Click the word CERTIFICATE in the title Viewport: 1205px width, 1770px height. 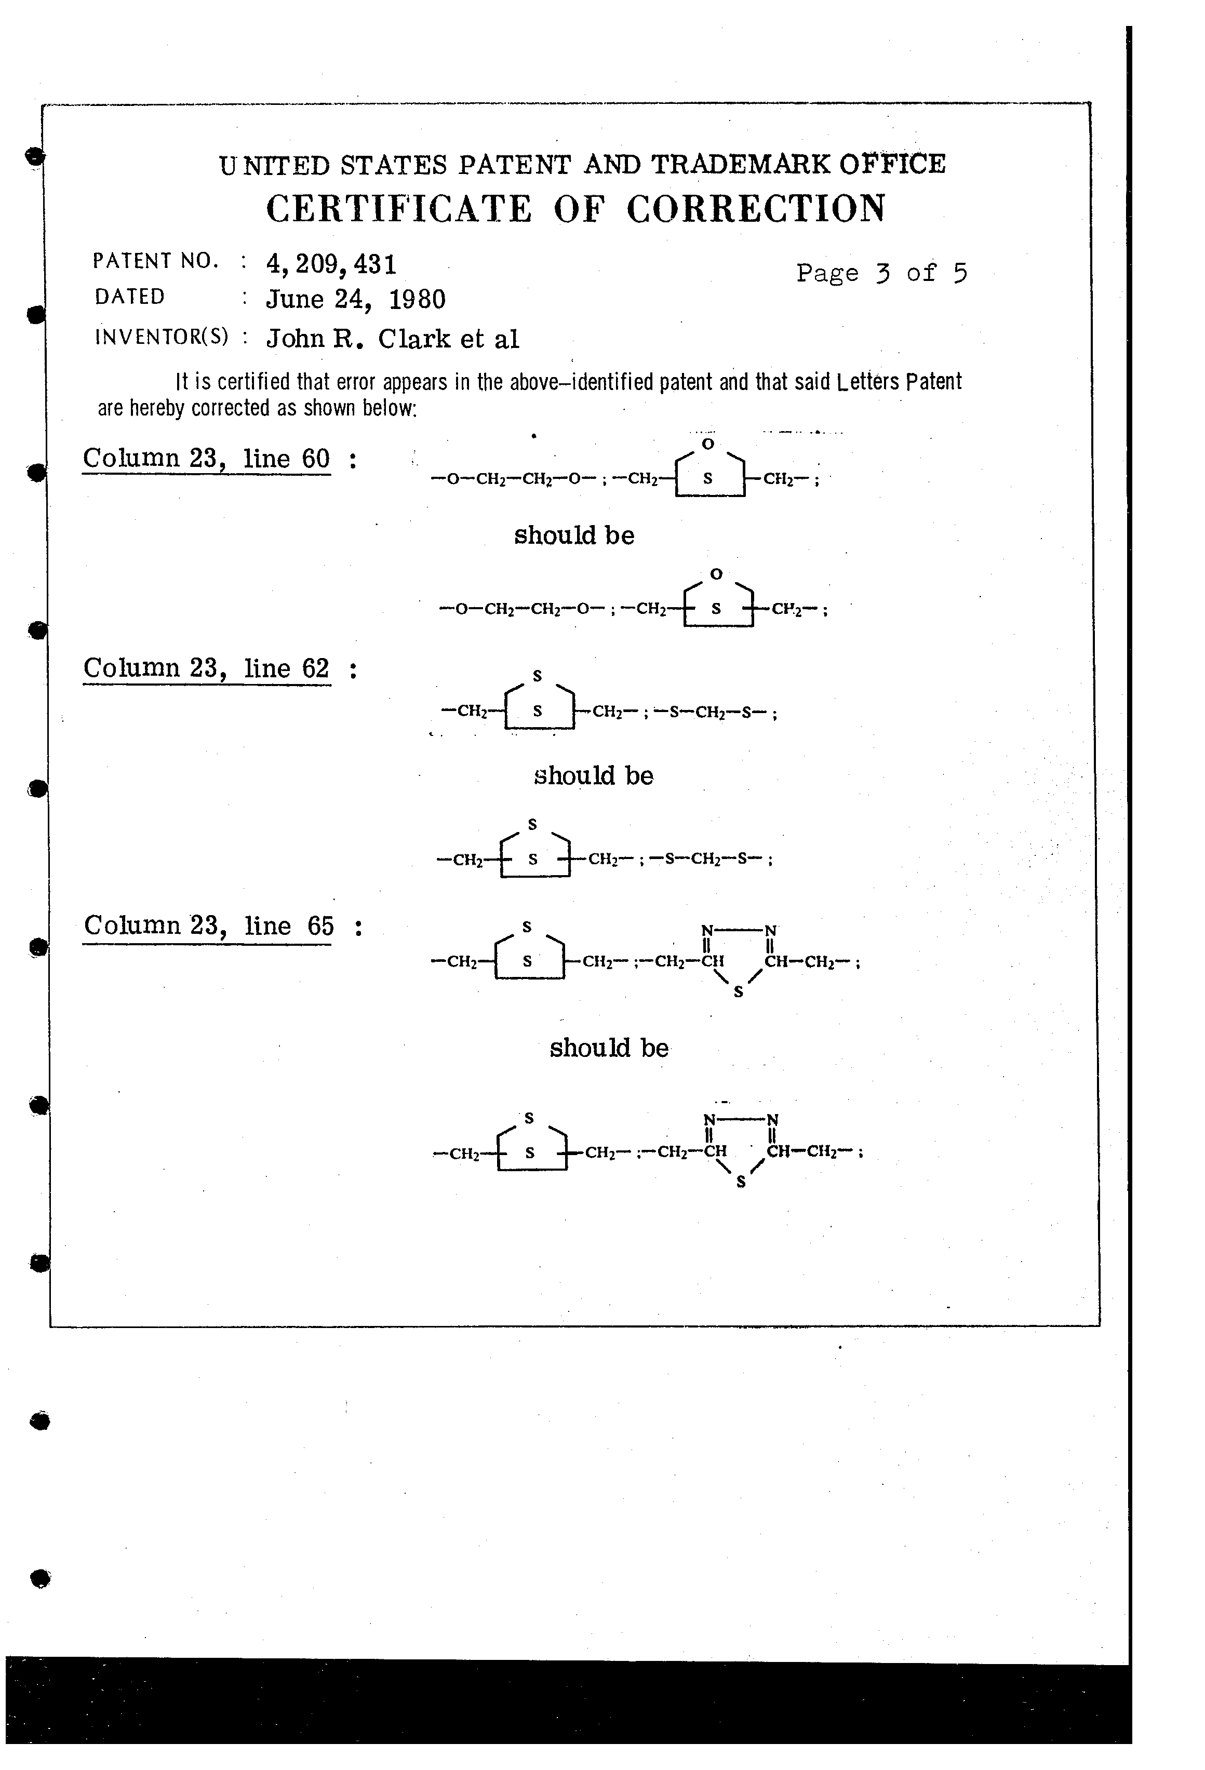(x=398, y=209)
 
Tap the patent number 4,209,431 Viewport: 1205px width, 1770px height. (x=331, y=264)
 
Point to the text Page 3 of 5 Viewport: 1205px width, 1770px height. (x=881, y=273)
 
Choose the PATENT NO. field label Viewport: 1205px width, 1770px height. (x=155, y=261)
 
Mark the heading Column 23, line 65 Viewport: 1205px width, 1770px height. (x=209, y=926)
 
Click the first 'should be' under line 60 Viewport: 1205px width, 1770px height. (x=573, y=535)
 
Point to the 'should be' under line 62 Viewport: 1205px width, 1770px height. (x=593, y=775)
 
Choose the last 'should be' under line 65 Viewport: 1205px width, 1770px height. (x=609, y=1048)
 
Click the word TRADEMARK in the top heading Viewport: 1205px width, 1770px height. (x=740, y=165)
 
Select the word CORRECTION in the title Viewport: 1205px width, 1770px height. (x=756, y=209)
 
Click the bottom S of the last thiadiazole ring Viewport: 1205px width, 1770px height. (x=740, y=1183)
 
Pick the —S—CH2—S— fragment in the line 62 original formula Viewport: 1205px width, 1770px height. (x=711, y=714)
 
